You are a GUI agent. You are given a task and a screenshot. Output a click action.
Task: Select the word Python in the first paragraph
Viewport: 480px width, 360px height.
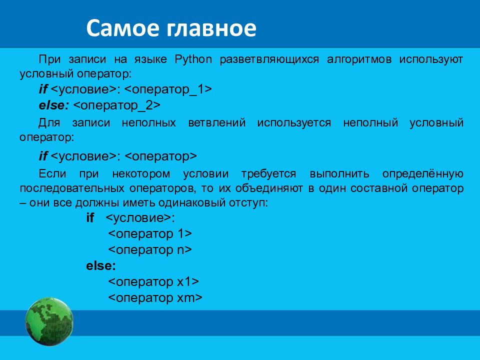tap(193, 59)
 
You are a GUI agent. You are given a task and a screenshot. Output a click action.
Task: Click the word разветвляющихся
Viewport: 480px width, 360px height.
tap(269, 59)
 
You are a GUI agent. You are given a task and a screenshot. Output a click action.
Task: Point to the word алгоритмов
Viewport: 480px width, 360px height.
tap(359, 59)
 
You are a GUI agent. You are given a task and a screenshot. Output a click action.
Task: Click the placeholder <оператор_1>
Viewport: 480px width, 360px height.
tap(168, 89)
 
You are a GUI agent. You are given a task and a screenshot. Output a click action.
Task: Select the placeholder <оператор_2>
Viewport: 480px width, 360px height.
tap(117, 105)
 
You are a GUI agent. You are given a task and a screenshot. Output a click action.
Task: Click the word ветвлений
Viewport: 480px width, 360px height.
tap(216, 123)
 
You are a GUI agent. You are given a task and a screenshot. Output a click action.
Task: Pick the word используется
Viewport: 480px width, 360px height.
tap(294, 123)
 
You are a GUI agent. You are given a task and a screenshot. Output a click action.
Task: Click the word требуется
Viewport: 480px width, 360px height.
tap(268, 174)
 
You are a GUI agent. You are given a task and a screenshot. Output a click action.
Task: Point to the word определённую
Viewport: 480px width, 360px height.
tap(423, 174)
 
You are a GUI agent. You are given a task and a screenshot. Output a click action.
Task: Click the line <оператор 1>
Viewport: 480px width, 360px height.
tap(150, 234)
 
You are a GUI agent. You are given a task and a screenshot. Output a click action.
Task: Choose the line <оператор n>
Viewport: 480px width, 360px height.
tap(150, 250)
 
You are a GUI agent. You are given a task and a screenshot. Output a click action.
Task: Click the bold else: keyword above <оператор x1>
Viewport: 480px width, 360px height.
tap(101, 265)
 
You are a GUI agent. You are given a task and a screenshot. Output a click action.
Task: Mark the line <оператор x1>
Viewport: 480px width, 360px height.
tap(153, 281)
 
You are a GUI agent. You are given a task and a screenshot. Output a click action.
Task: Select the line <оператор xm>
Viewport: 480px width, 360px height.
tap(155, 297)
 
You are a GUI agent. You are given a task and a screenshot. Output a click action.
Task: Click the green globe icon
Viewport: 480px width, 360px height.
tap(49, 321)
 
